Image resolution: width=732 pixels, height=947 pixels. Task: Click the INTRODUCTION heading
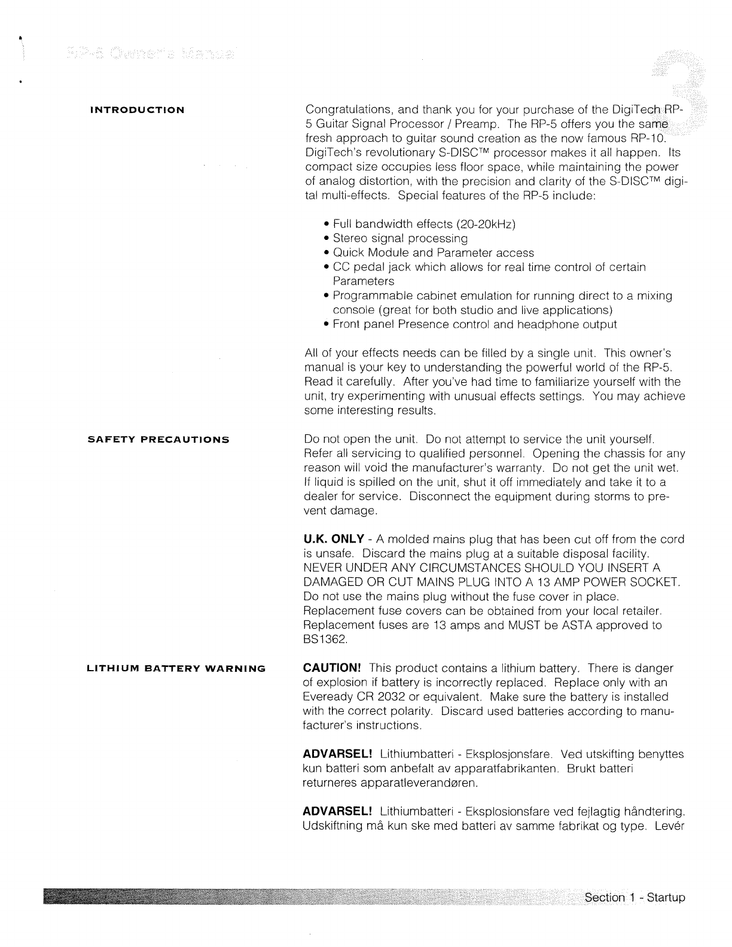click(x=137, y=110)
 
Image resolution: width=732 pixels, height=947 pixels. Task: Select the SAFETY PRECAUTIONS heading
click(x=158, y=440)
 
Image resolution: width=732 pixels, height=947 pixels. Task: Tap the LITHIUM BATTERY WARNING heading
click(x=176, y=668)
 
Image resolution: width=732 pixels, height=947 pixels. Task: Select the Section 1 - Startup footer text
click(x=635, y=897)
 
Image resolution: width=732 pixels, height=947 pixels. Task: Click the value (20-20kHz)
click(x=486, y=224)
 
